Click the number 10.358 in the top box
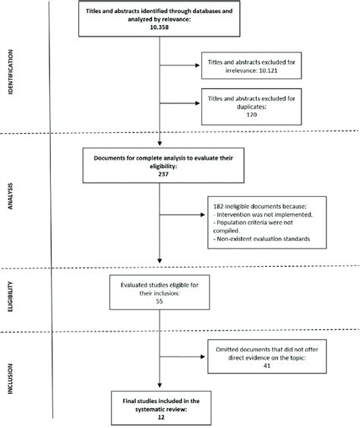coord(159,28)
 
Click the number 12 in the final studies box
coord(159,417)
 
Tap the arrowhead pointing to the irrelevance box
coord(196,65)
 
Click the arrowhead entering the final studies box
coord(159,392)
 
